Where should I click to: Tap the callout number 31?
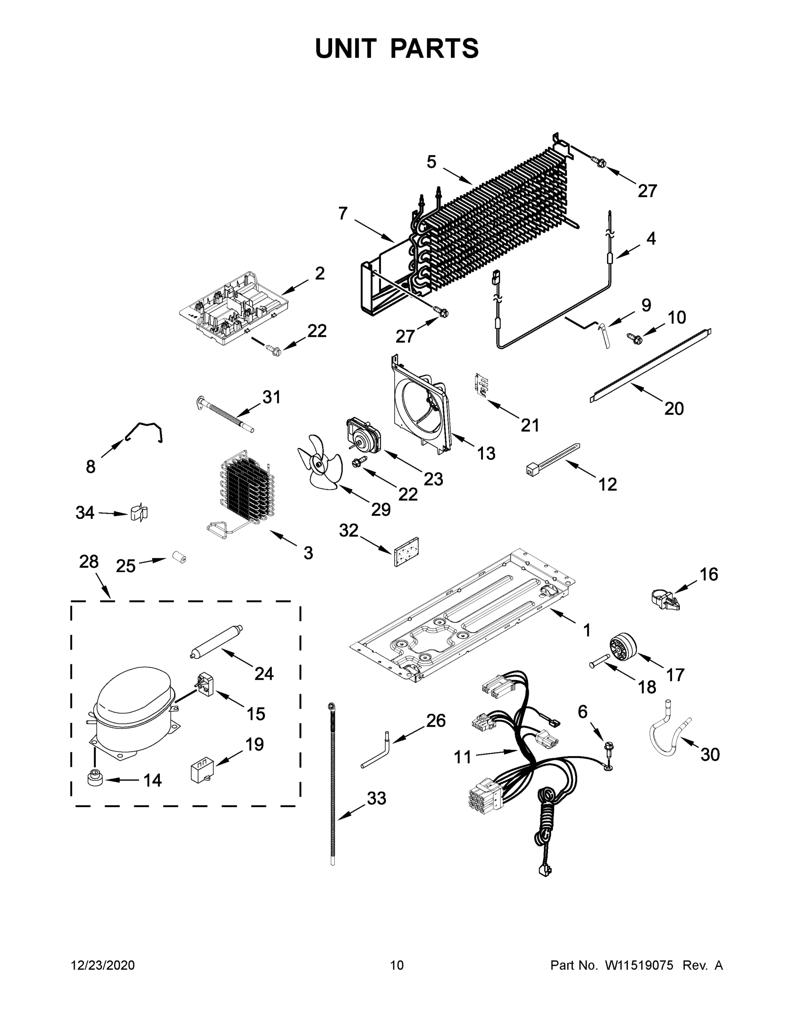coord(271,398)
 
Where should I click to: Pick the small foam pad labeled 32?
coord(407,551)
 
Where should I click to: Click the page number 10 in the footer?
coord(397,965)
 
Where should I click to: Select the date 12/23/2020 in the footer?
coord(103,965)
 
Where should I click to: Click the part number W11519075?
coord(639,965)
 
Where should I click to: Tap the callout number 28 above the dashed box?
coord(89,561)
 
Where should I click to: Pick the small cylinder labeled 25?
coord(179,557)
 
